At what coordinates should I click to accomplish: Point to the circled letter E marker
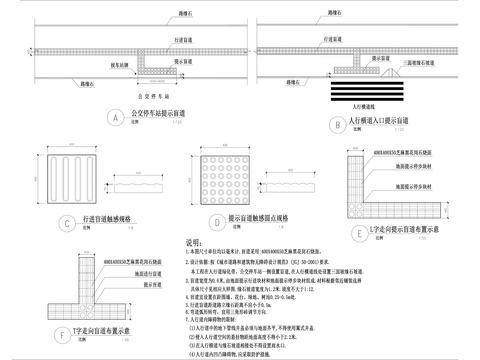[x=359, y=233]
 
